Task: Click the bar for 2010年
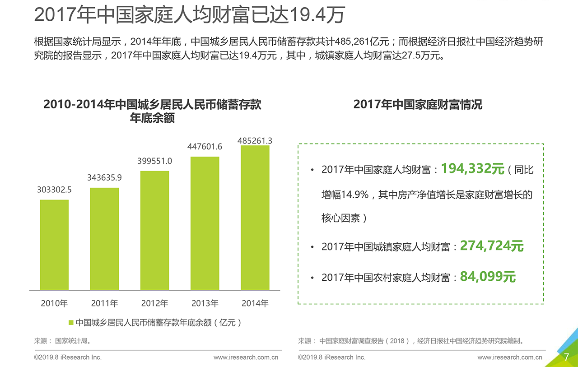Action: click(x=54, y=245)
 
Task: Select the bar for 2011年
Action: click(x=104, y=239)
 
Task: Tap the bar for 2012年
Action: click(x=154, y=230)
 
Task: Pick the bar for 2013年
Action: click(x=205, y=223)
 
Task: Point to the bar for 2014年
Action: click(x=255, y=218)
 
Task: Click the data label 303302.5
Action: click(x=54, y=190)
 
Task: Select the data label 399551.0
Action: click(x=154, y=161)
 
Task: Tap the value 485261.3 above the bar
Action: click(x=255, y=141)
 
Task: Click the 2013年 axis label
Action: click(x=205, y=303)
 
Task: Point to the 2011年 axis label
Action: click(x=104, y=303)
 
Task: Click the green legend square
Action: click(x=71, y=323)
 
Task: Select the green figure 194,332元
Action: click(x=472, y=169)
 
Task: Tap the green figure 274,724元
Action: click(x=492, y=246)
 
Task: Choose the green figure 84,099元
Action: click(x=488, y=277)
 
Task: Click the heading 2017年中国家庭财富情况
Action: click(x=418, y=105)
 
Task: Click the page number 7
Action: click(x=566, y=358)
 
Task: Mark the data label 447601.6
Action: click(x=205, y=147)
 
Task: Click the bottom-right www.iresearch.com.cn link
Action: click(x=509, y=358)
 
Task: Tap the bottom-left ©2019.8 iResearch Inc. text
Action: click(x=68, y=358)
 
